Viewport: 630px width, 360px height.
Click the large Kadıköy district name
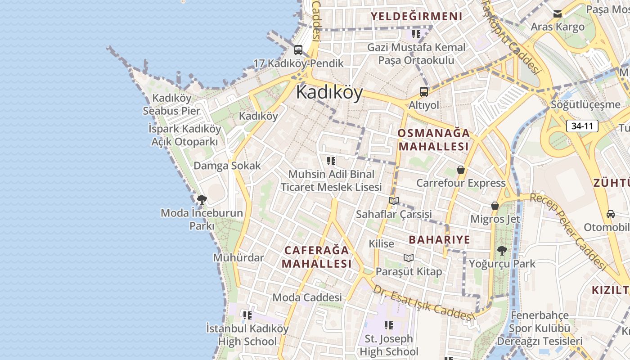click(329, 93)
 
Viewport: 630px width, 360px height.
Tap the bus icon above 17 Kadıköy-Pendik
click(298, 49)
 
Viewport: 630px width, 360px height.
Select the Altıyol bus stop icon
click(423, 92)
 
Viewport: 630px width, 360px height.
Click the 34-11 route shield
click(582, 126)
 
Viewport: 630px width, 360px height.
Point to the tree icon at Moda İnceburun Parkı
click(202, 199)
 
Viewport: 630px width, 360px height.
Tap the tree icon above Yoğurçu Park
click(502, 250)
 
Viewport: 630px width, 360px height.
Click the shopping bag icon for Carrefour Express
click(460, 170)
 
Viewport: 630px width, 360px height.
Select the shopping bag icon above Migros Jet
click(495, 206)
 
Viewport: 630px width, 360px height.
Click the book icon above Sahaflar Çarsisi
click(394, 201)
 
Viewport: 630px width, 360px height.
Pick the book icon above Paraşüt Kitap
click(408, 258)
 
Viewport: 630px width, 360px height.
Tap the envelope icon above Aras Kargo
click(558, 14)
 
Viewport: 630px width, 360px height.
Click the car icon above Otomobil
click(610, 214)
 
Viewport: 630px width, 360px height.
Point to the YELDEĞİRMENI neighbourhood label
click(416, 17)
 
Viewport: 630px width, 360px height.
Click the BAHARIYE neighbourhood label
click(439, 240)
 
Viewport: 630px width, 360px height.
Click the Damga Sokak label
click(227, 166)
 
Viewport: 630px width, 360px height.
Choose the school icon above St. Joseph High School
click(389, 325)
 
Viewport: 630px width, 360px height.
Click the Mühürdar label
click(238, 258)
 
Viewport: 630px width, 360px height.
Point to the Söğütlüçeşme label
click(585, 105)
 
